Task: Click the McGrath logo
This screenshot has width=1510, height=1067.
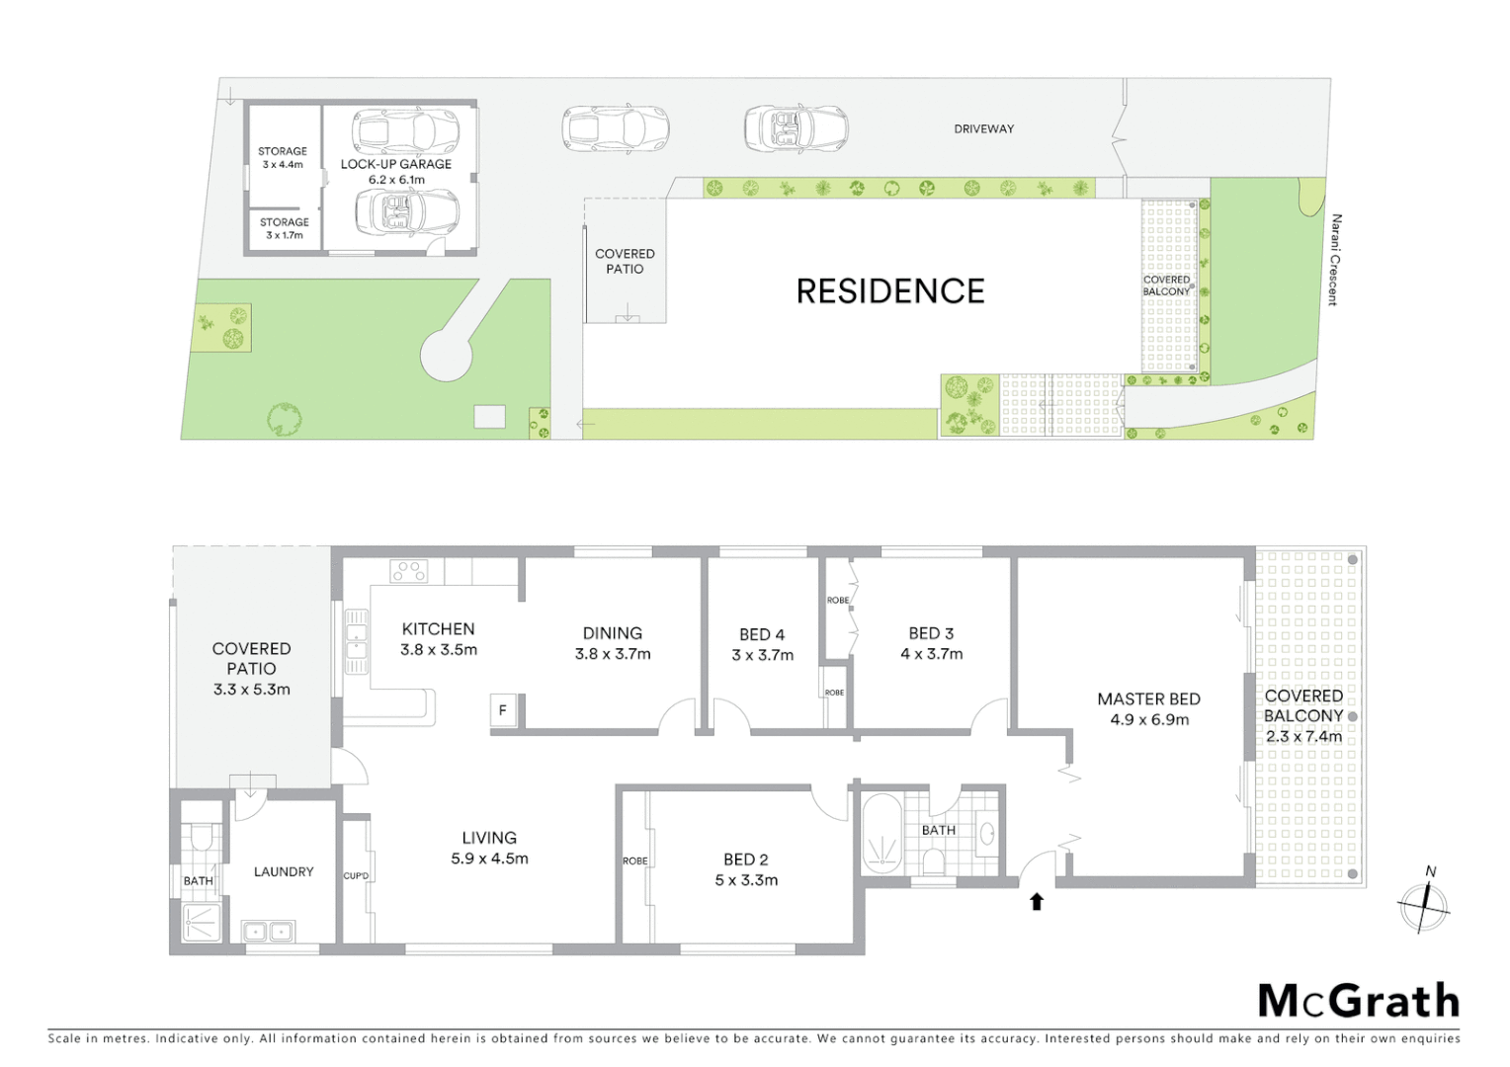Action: click(1358, 1002)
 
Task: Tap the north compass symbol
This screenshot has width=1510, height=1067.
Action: click(1423, 904)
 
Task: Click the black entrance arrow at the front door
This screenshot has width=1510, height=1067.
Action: click(1037, 901)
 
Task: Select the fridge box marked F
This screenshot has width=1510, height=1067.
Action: click(503, 710)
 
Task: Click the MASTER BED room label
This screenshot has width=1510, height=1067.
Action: click(1148, 698)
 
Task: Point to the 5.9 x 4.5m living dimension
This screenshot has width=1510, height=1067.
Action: click(489, 859)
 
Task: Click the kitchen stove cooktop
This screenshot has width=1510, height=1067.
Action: click(409, 571)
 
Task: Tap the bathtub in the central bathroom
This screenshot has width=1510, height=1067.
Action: click(881, 835)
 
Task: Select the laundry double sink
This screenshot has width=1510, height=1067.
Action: click(267, 932)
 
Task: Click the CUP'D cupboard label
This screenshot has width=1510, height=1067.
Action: click(356, 876)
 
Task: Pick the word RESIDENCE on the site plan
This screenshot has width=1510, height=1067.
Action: click(890, 291)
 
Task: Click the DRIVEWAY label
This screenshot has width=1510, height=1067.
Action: click(983, 129)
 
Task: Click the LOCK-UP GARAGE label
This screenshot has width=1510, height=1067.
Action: click(396, 164)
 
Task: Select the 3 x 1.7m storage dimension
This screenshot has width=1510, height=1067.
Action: click(285, 236)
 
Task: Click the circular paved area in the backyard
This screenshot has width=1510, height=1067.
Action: click(446, 355)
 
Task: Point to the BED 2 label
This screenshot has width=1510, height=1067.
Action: click(746, 860)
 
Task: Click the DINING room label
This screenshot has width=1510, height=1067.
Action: click(612, 633)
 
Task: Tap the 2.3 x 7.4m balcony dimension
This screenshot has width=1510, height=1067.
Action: click(1303, 736)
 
